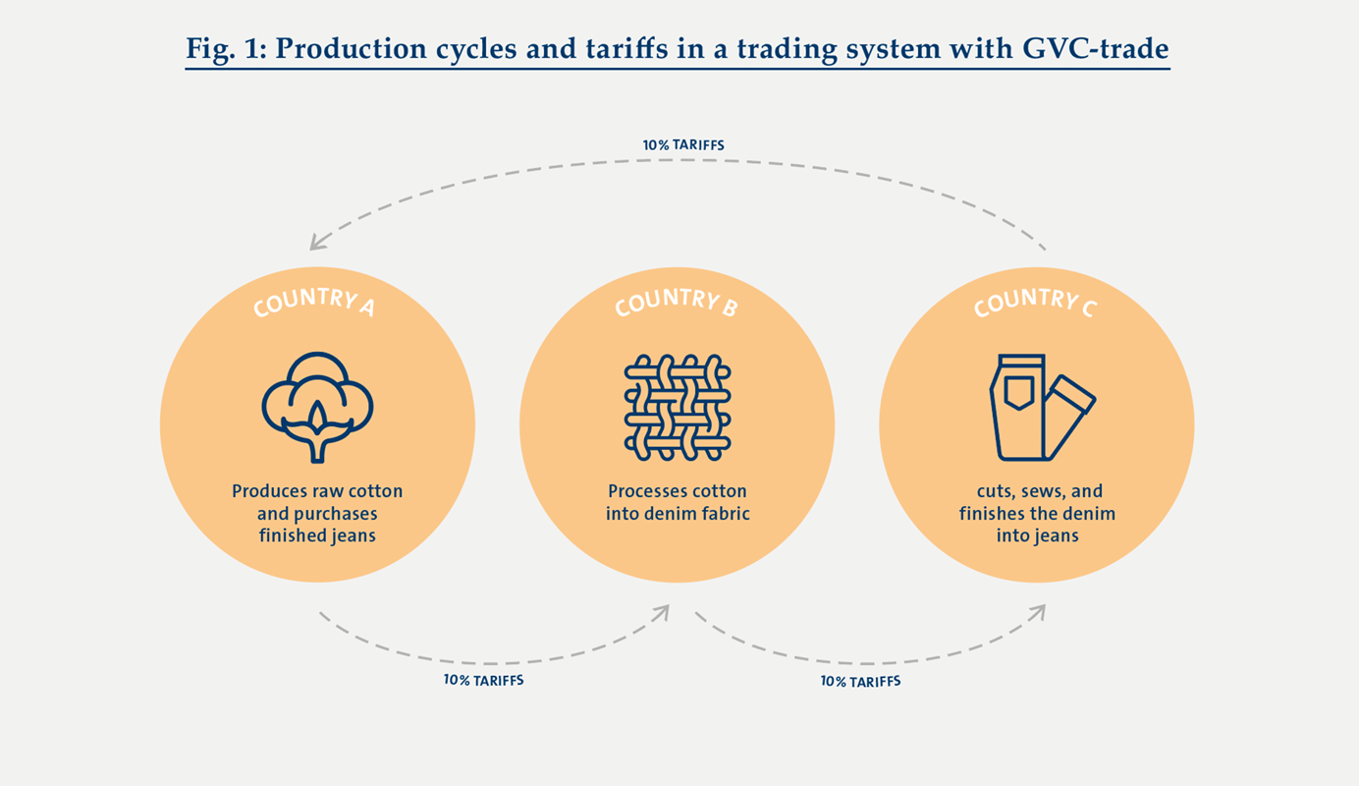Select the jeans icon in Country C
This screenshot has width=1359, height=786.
pyautogui.click(x=1040, y=407)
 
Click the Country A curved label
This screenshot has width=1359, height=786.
pyautogui.click(x=313, y=301)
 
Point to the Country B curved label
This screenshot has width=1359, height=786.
pyautogui.click(x=676, y=301)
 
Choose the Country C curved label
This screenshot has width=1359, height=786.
pyautogui.click(x=1035, y=301)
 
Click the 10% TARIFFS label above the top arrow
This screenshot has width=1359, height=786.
pyautogui.click(x=683, y=145)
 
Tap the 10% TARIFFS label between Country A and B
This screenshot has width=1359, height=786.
pyautogui.click(x=483, y=680)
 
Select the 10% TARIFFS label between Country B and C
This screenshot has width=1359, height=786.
pyautogui.click(x=860, y=681)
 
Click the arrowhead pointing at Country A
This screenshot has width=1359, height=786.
pyautogui.click(x=316, y=242)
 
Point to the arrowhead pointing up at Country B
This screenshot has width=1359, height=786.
pyautogui.click(x=663, y=611)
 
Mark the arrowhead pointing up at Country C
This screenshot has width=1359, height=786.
pyautogui.click(x=1038, y=611)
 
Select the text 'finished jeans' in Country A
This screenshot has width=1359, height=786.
pyautogui.click(x=317, y=536)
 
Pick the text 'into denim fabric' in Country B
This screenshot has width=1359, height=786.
pyautogui.click(x=678, y=513)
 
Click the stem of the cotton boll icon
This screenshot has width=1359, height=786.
pyautogui.click(x=317, y=450)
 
